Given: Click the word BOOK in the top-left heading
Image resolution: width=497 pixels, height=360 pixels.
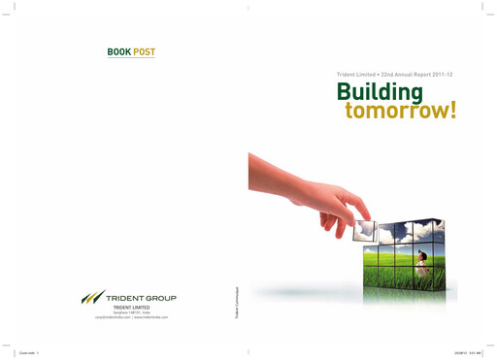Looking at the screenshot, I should [118, 51].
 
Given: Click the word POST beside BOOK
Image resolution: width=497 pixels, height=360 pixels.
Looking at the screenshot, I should [144, 51].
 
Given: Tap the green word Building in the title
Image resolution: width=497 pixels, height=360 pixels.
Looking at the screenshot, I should [380, 91].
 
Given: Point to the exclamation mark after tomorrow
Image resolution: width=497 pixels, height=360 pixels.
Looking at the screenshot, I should [451, 110].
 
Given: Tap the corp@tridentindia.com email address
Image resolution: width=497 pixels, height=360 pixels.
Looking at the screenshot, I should [114, 317].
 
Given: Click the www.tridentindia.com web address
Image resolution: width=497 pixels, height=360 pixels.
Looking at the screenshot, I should [151, 317].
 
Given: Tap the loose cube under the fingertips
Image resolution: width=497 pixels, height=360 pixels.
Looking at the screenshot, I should [365, 230].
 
